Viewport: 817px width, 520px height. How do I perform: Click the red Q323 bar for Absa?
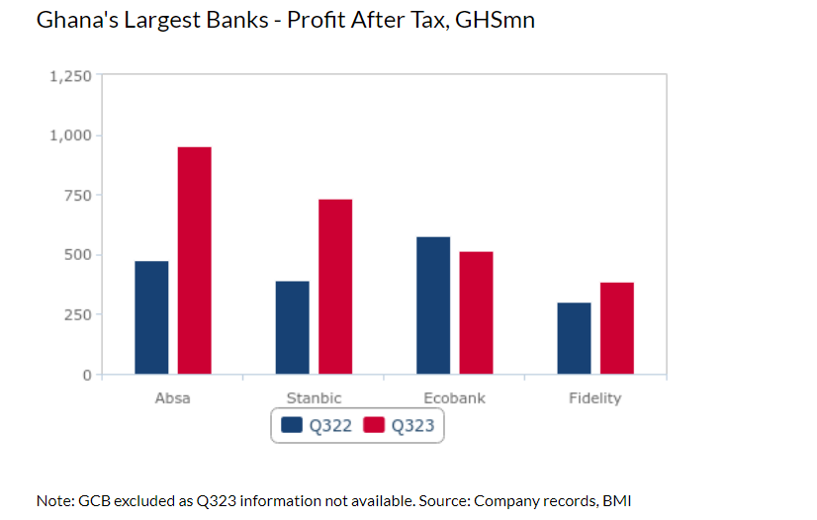[194, 261]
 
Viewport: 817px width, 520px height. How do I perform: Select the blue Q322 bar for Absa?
[151, 317]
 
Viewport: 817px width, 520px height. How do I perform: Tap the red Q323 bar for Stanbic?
[335, 287]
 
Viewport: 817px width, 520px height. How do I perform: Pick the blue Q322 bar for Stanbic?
[292, 327]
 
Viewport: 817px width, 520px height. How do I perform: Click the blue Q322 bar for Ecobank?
[433, 305]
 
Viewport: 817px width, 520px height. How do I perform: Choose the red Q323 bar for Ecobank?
[476, 312]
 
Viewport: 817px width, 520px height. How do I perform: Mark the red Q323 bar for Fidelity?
[616, 328]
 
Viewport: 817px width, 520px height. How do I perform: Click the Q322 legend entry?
[317, 425]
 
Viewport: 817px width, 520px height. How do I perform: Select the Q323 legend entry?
[400, 425]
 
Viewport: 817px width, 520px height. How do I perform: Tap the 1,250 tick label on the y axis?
[70, 76]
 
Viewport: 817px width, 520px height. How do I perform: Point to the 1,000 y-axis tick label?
[70, 135]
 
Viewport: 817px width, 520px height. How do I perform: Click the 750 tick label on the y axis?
[78, 196]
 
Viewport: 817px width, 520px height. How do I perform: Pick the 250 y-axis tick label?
[78, 315]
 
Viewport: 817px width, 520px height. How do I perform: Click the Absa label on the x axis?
[173, 398]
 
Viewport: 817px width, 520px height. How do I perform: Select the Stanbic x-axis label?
[314, 398]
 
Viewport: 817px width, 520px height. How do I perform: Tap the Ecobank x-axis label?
[454, 398]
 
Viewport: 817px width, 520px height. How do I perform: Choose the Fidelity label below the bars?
[595, 398]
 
